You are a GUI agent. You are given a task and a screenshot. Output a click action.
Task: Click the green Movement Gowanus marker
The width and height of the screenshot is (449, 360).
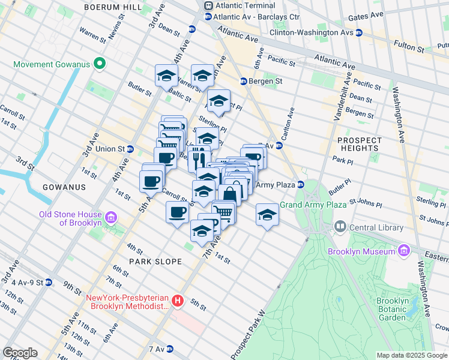[x=101, y=64]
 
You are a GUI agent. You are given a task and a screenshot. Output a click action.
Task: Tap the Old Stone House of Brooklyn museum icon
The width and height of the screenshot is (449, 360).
[x=111, y=216]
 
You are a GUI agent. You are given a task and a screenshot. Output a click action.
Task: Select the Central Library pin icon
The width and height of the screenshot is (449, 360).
[x=340, y=227]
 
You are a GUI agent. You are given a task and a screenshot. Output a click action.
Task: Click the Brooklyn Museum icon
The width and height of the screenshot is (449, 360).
[x=403, y=249]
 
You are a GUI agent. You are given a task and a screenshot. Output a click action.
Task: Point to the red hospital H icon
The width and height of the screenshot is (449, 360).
[x=177, y=301]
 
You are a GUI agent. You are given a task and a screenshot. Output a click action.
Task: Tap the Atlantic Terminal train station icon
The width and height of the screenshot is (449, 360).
[x=208, y=5]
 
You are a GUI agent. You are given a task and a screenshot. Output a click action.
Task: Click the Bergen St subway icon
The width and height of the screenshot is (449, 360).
[x=244, y=81]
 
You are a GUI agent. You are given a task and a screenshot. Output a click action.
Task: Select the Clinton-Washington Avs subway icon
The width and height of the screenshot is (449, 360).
[x=358, y=32]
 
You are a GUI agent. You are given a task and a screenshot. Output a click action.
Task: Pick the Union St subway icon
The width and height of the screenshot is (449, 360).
[x=130, y=149]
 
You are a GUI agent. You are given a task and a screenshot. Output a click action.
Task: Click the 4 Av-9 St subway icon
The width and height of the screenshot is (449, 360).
[x=49, y=282]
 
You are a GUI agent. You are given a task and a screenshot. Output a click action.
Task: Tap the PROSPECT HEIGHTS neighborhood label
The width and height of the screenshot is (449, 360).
[x=359, y=143]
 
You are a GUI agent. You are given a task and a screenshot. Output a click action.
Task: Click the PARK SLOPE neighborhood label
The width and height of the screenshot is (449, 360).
[x=151, y=262]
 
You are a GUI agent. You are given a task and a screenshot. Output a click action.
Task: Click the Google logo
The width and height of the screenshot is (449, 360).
[x=20, y=353]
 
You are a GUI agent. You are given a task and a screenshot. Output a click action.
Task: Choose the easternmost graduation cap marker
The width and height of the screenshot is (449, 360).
[x=267, y=215]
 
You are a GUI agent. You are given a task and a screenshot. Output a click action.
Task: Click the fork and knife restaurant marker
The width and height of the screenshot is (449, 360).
[x=199, y=158]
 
